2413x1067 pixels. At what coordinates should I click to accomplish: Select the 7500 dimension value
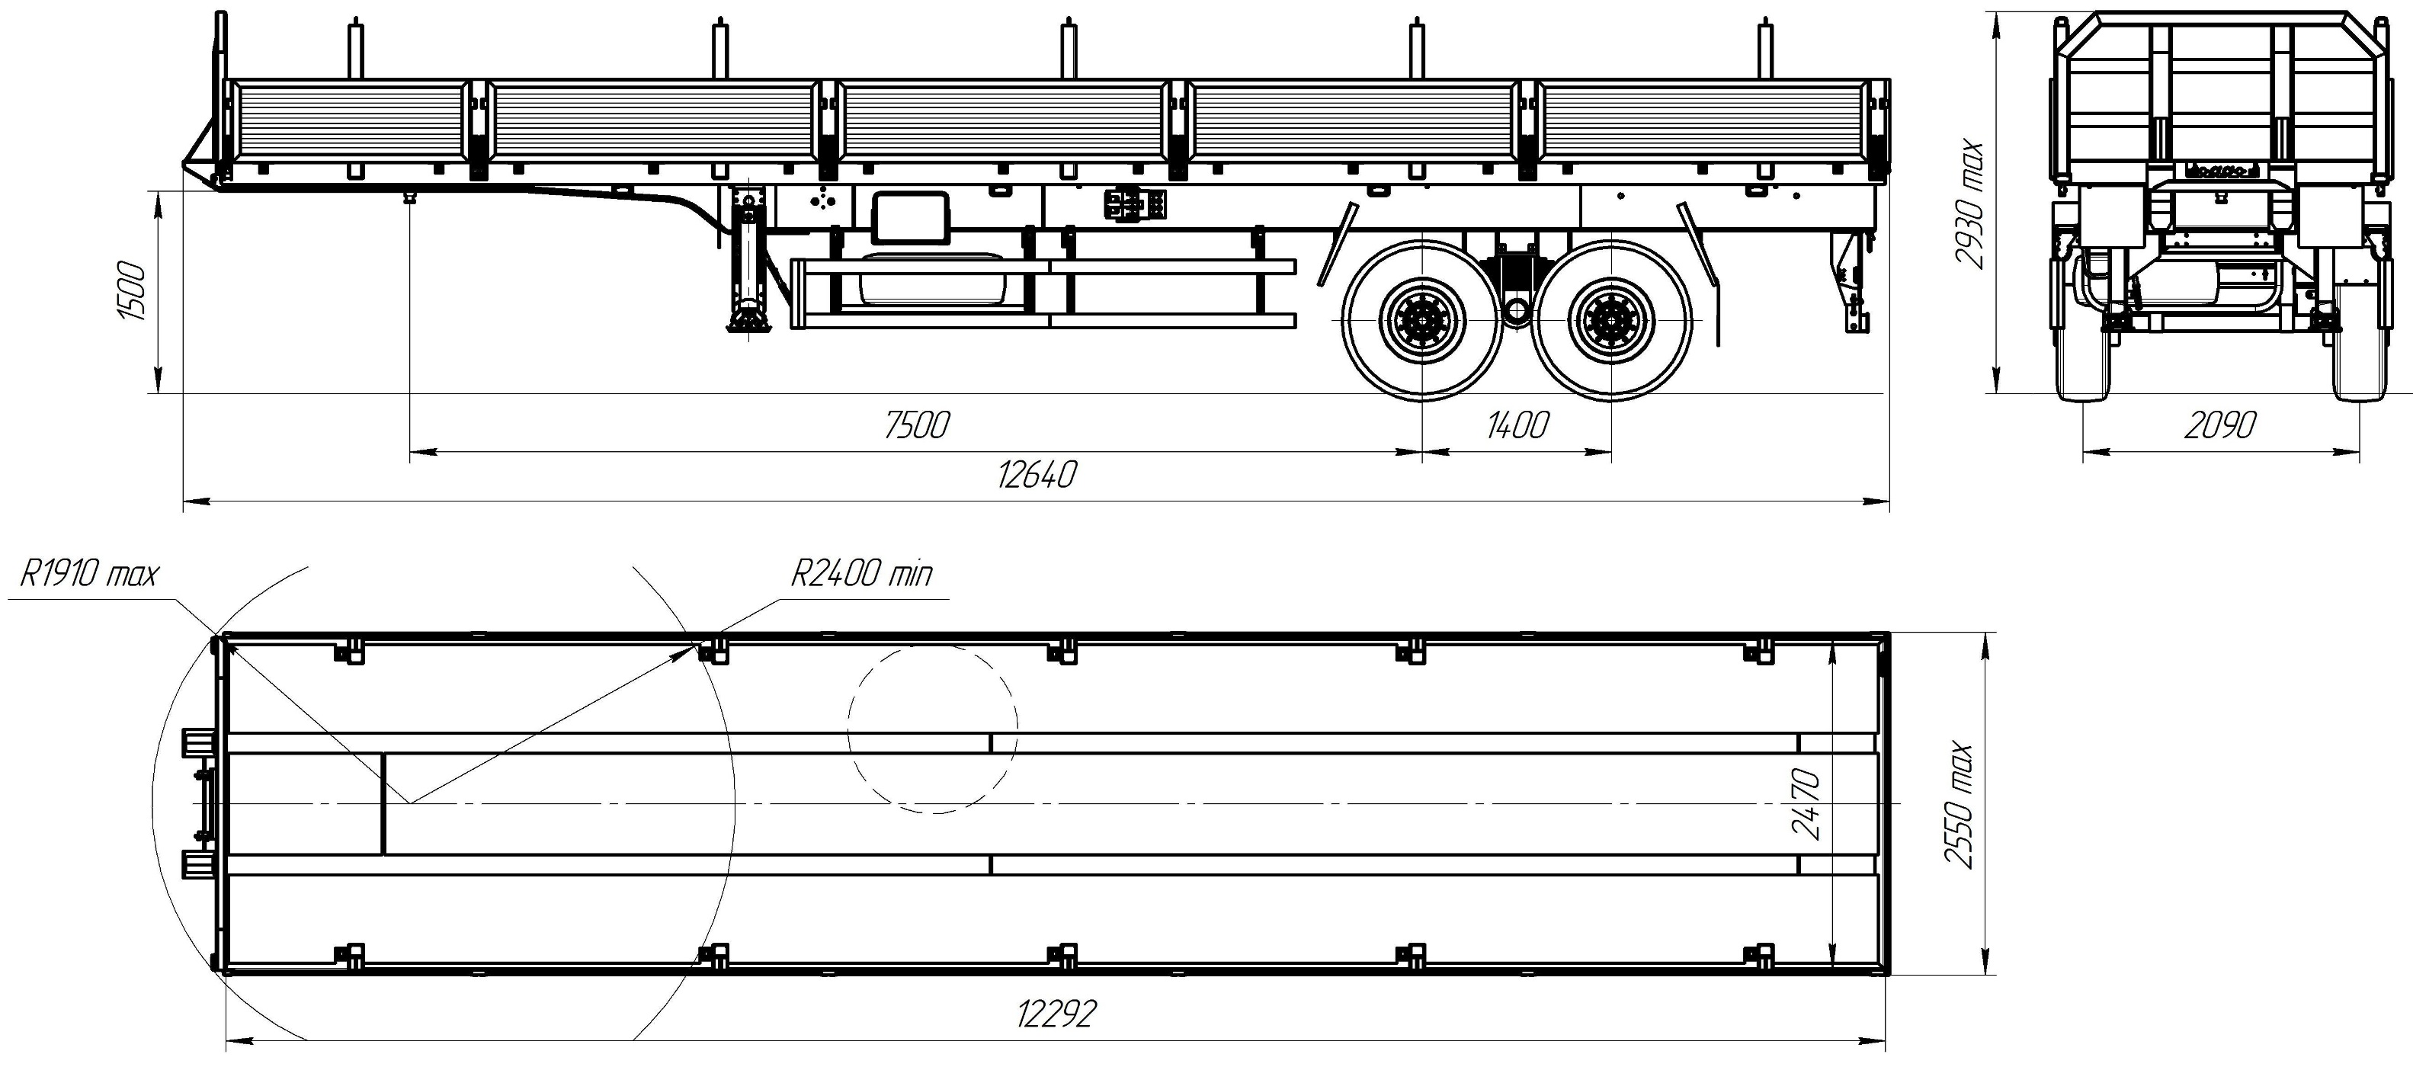916,425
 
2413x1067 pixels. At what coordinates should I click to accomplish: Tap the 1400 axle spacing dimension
1517,425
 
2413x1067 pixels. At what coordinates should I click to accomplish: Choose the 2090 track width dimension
2219,426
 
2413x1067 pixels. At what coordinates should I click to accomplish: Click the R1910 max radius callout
89,574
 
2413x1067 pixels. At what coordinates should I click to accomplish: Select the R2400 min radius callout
862,573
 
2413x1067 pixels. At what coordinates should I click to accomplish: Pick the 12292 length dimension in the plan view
1056,1014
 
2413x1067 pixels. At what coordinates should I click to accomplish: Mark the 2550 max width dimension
1960,806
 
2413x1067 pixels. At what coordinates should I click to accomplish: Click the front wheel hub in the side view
1422,320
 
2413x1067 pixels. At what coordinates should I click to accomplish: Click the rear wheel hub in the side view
1611,320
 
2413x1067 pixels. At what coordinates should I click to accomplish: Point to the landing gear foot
747,320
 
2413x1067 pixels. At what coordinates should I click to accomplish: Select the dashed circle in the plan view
932,729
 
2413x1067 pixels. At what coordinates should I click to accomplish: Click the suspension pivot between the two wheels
1517,309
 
